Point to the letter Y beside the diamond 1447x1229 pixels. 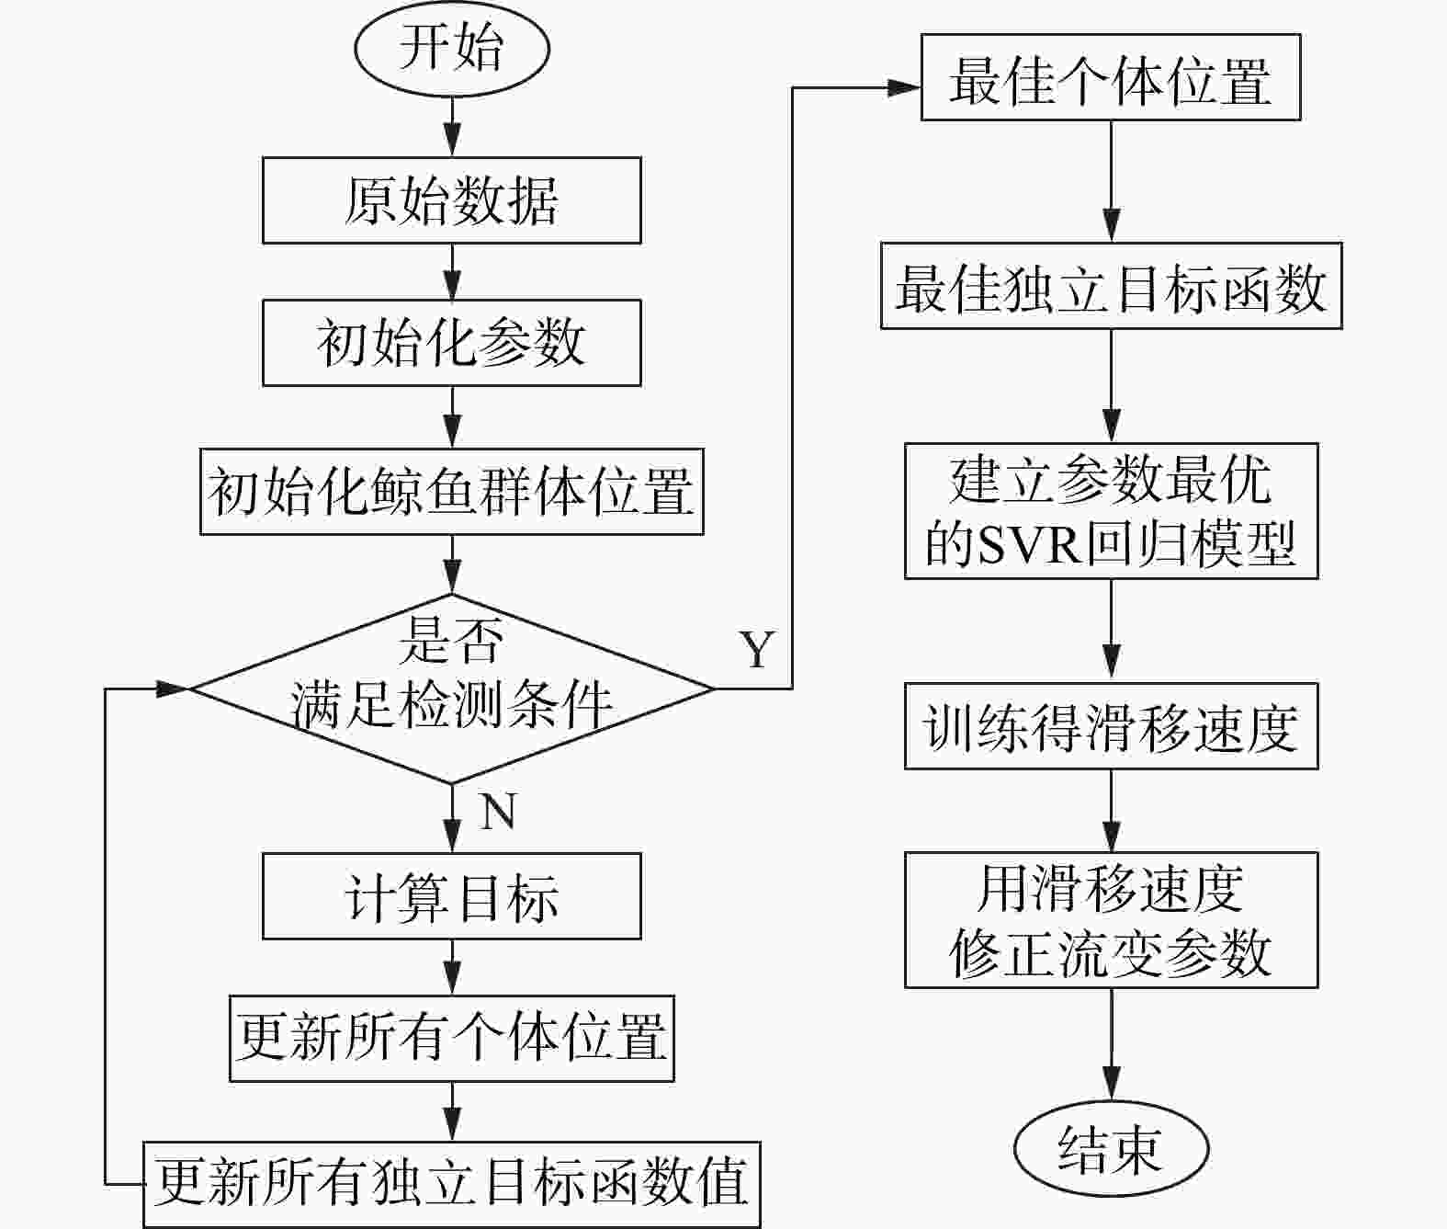click(x=757, y=648)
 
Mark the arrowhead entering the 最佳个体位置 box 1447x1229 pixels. click(x=904, y=87)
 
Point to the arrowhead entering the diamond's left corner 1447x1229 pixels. click(x=173, y=688)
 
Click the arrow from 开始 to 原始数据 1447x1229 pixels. click(x=452, y=127)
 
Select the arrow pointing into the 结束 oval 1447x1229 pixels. click(x=1111, y=1046)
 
